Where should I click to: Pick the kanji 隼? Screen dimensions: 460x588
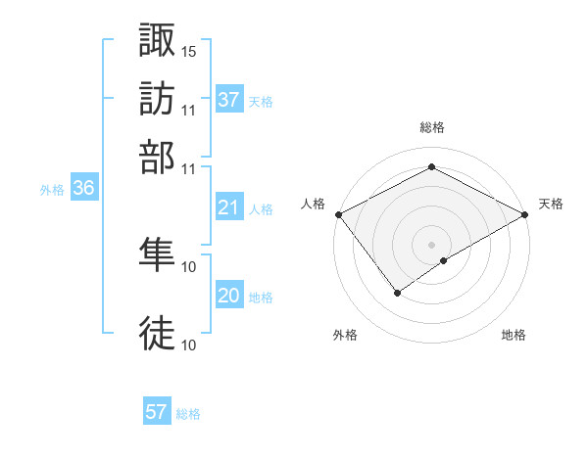[x=158, y=256]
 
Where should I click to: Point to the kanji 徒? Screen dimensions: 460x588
[x=158, y=333]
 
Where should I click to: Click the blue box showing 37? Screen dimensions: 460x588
[x=229, y=100]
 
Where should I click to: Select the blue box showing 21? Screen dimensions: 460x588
[x=229, y=207]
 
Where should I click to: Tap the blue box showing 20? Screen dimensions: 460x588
[x=229, y=296]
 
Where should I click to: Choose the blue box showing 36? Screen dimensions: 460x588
[x=83, y=189]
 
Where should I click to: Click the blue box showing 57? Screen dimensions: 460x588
[x=157, y=412]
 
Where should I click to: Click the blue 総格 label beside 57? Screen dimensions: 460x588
[x=188, y=414]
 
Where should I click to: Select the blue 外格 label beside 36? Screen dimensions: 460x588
[x=51, y=190]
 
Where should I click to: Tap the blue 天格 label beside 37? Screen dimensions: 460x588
[x=261, y=101]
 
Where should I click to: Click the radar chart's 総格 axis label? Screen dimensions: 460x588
[x=431, y=127]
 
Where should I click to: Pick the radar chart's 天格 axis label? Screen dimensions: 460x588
[x=551, y=204]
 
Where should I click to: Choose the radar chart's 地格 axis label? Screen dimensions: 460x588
[x=514, y=335]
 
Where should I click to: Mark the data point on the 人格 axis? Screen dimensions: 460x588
[x=337, y=213]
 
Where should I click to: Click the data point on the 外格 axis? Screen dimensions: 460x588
[x=398, y=292]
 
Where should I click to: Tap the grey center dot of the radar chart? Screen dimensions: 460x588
[x=431, y=244]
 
